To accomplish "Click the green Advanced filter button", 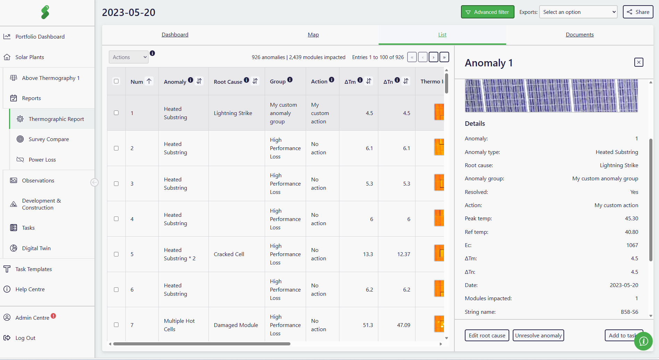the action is pos(487,12).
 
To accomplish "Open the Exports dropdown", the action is pos(578,12).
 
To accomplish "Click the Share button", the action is pos(638,12).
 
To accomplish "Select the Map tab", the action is pos(313,35).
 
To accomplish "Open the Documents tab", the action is pos(579,35).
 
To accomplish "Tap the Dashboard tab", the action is pos(175,35).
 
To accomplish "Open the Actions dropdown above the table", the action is pos(129,57).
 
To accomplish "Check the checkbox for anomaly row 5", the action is pos(116,254).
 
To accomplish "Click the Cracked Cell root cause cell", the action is pos(229,254).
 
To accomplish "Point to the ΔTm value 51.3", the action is pos(368,325).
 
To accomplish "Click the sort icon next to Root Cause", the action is pos(255,81).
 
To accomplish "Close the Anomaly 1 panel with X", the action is pos(639,62).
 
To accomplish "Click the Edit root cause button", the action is pos(487,335).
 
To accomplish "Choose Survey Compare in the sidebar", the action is pos(49,139).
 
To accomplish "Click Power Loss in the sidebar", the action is pos(42,160).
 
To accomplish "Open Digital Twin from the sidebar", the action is pos(36,248).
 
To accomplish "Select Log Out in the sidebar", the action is pos(25,338).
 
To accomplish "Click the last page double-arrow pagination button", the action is pos(444,57).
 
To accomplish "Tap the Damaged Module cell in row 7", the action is pos(236,325).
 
